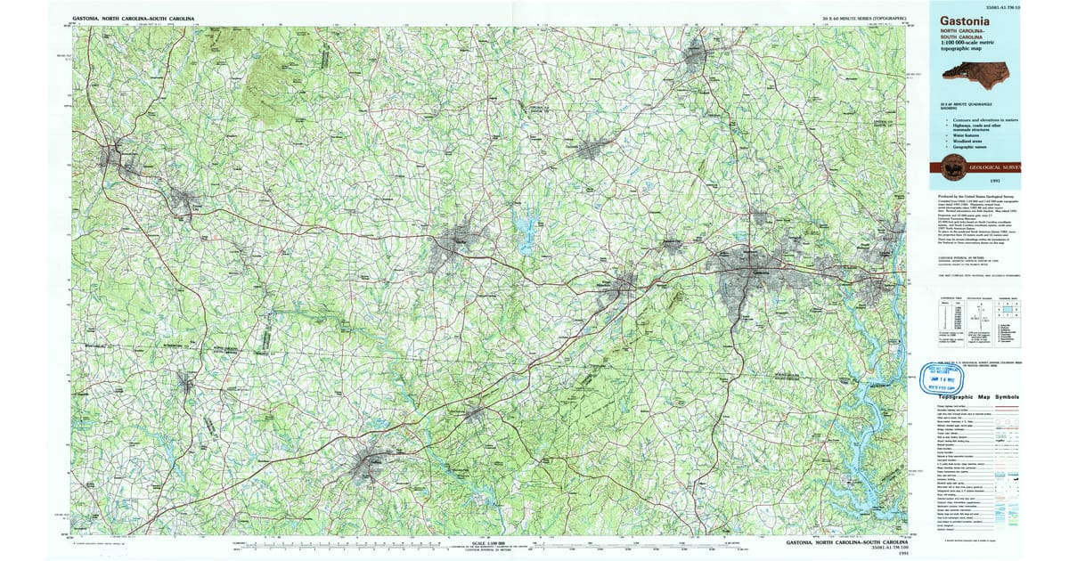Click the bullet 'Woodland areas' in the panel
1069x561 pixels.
[x=968, y=140]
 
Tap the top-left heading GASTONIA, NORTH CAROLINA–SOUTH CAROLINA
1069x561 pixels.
[x=134, y=18]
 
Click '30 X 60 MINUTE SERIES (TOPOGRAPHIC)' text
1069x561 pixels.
[x=865, y=18]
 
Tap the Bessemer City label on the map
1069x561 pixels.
[x=671, y=241]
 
